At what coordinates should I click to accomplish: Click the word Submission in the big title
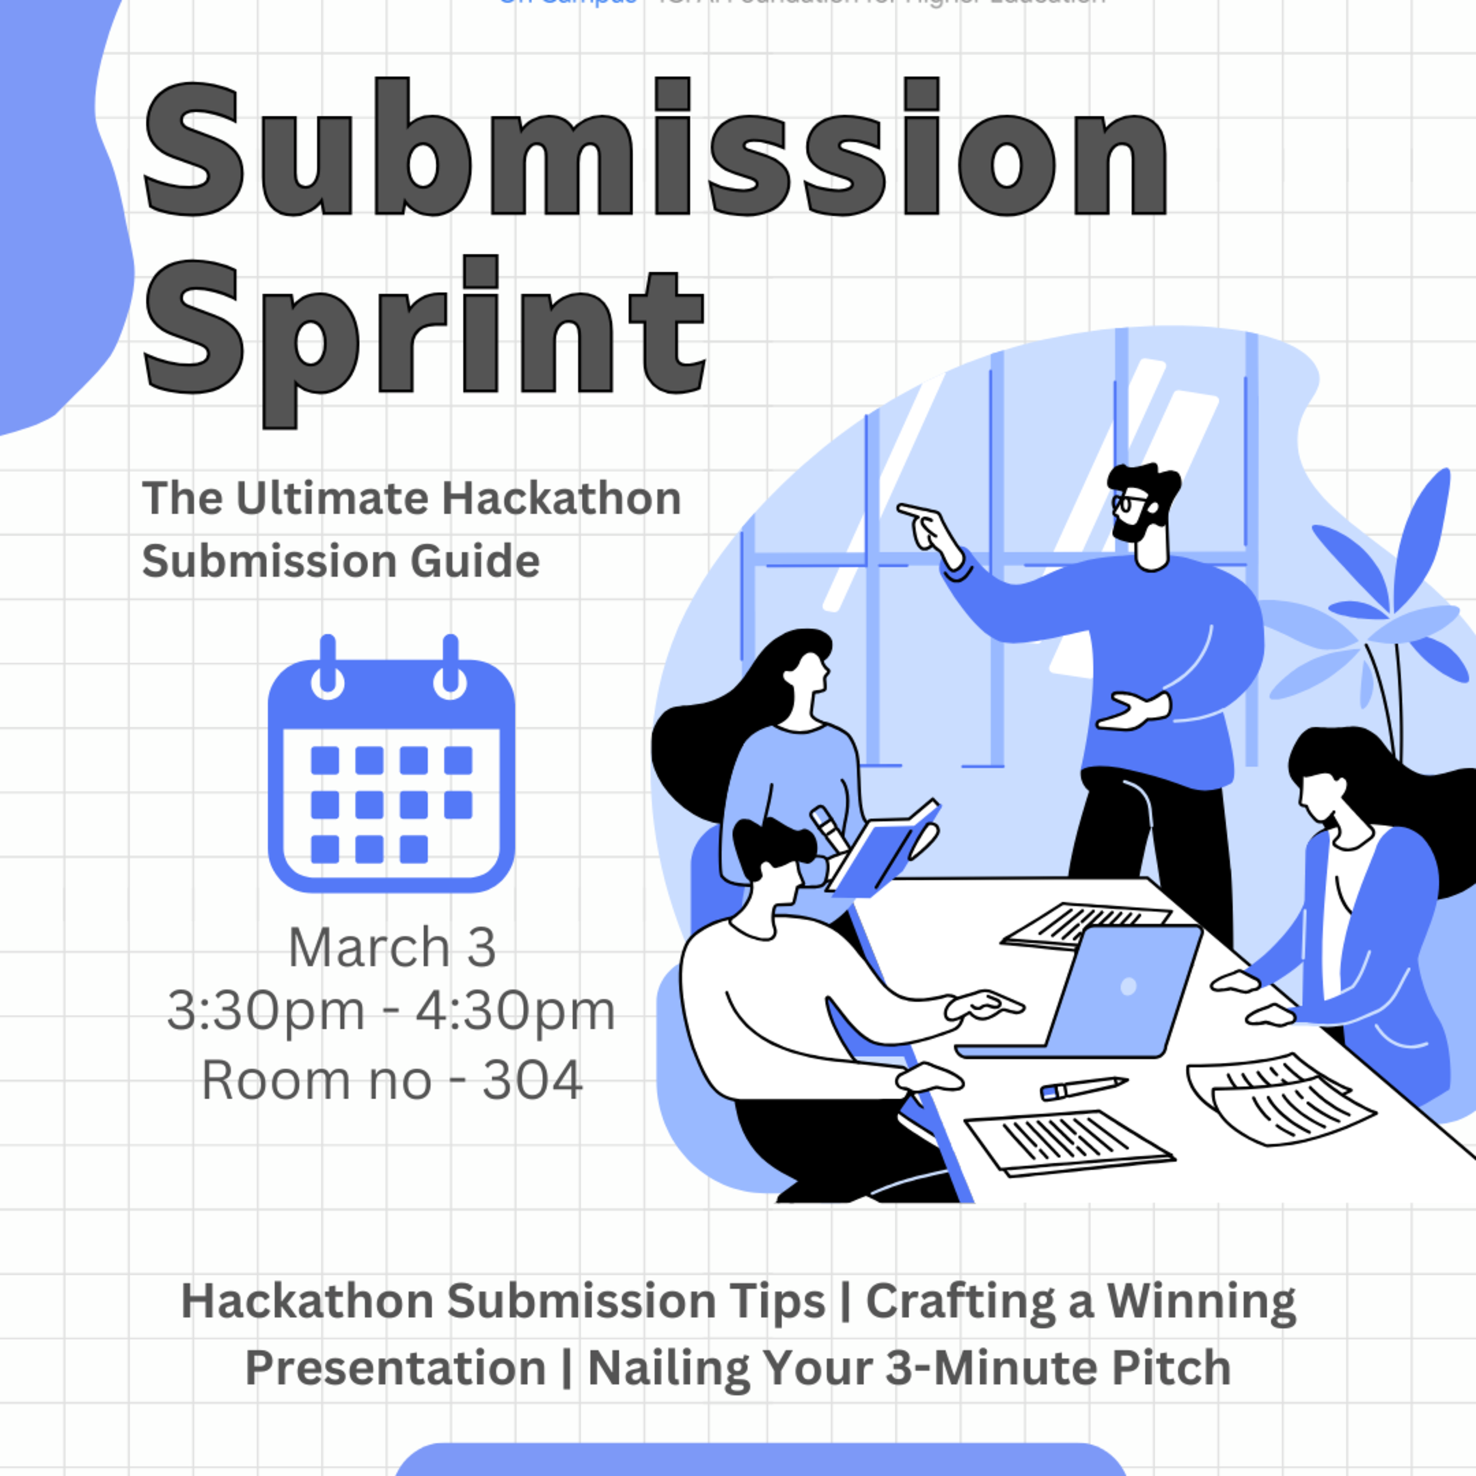655,149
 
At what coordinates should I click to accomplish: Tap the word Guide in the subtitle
474,562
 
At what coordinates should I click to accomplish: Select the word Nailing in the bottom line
669,1367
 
